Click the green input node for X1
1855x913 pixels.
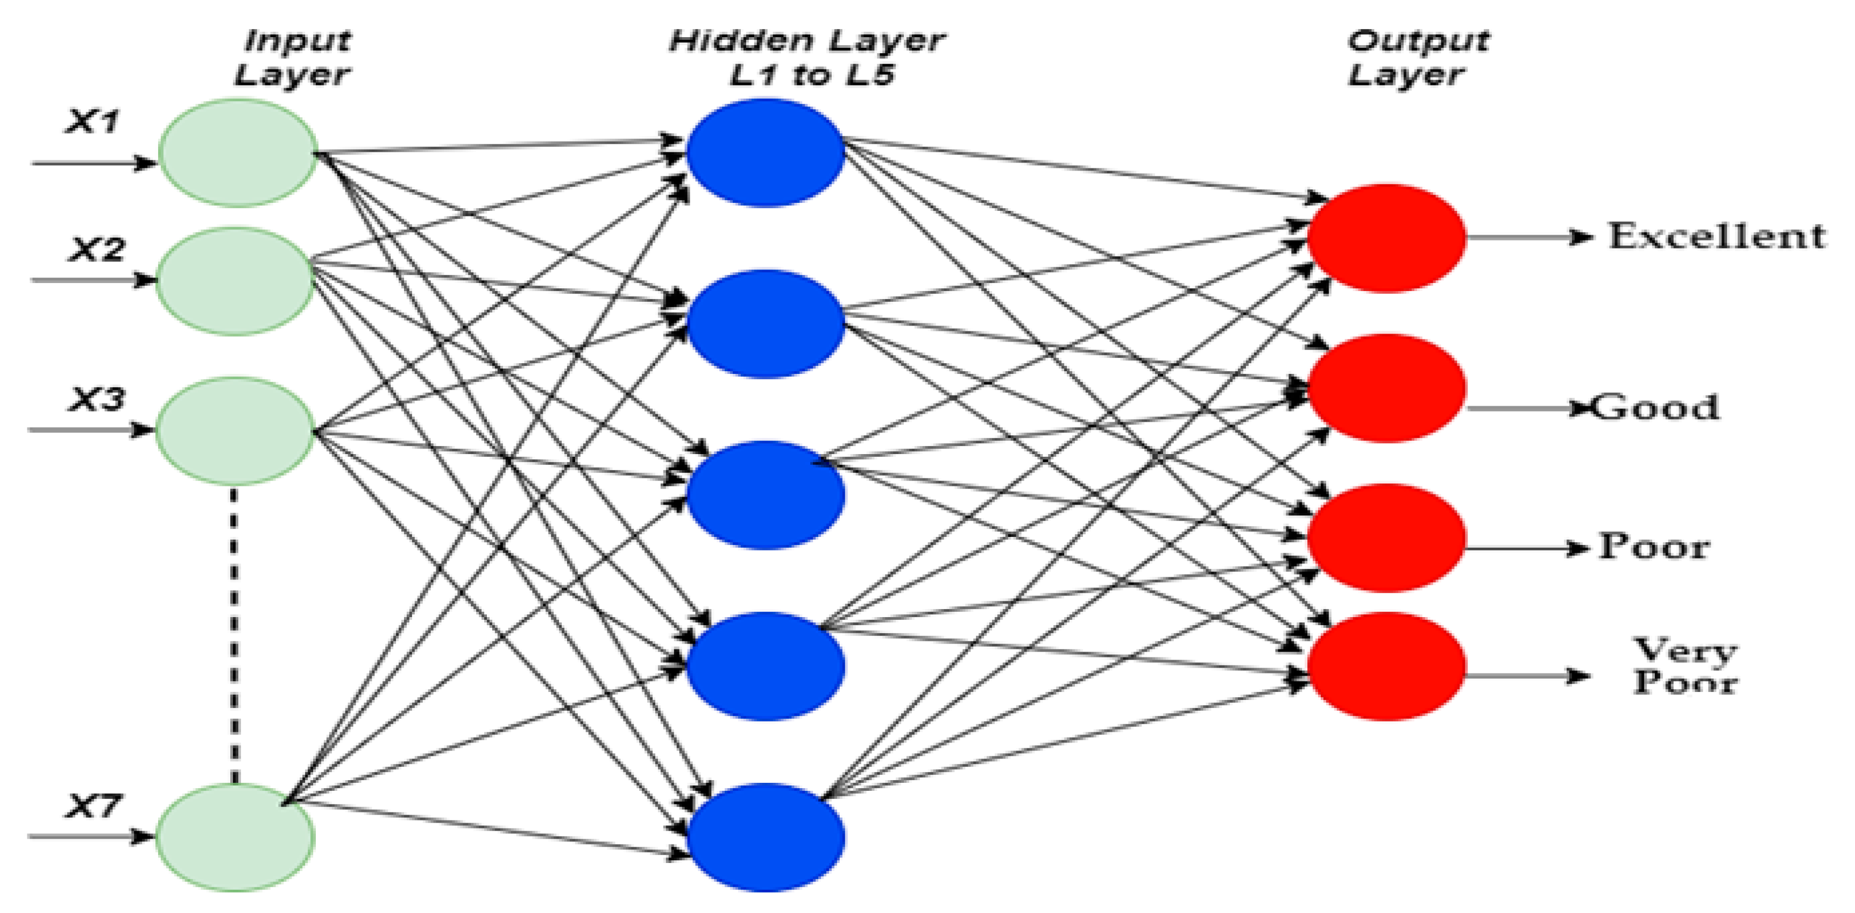pos(238,153)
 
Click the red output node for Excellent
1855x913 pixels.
pos(1386,238)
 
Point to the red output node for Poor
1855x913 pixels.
pos(1386,538)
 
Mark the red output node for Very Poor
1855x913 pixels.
pos(1386,666)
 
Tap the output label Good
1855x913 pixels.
pos(1655,407)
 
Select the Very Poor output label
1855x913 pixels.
pos(1685,666)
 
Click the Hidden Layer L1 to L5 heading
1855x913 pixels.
pos(806,58)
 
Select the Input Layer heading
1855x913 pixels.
pos(294,58)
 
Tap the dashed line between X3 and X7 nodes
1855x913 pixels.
pos(234,634)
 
